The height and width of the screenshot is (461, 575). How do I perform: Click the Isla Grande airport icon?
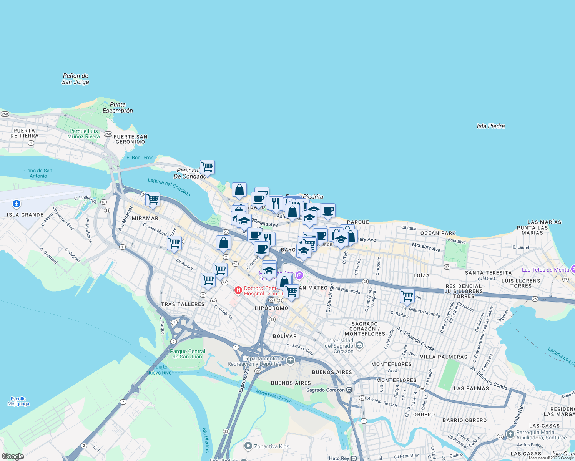coord(16,204)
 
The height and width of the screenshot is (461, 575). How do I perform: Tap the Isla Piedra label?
coord(490,126)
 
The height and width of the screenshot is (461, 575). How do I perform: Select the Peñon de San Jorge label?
coord(76,79)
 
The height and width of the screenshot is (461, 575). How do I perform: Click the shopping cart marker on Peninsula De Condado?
coord(207,167)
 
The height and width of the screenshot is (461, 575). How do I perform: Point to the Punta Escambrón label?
coord(118,108)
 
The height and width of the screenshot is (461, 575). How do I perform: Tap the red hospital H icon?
coord(238,290)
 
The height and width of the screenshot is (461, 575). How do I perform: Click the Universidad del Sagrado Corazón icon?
coord(359,345)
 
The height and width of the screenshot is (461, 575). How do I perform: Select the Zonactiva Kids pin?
coord(248,446)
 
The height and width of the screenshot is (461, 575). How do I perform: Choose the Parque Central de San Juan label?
coord(188,354)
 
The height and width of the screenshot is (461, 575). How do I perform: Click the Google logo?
coord(13,456)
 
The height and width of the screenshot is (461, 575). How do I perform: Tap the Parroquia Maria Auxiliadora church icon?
coord(510,434)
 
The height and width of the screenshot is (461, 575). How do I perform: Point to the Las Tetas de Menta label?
coord(545,270)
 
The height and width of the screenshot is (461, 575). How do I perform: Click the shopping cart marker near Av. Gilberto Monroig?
coord(407,296)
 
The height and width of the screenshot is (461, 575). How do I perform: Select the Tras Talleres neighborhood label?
coord(183,304)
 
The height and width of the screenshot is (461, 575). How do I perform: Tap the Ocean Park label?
coord(438,233)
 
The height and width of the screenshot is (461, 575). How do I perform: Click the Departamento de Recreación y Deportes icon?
coord(291,360)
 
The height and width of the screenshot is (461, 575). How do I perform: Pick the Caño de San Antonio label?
coord(38,173)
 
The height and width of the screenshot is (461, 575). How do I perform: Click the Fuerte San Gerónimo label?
coord(130,139)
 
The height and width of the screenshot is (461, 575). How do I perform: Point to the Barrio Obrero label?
coord(465,420)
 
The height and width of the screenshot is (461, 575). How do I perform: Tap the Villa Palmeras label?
coord(444,357)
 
